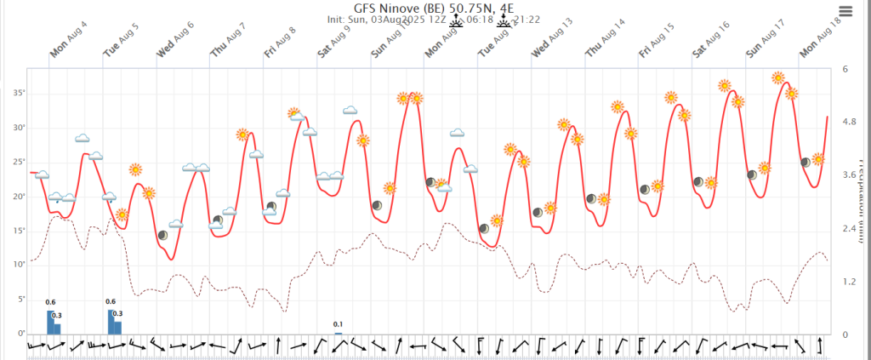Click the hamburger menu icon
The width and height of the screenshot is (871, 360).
tap(845, 11)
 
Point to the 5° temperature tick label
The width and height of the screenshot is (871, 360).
tap(20, 299)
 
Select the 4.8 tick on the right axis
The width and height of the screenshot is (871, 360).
tap(849, 123)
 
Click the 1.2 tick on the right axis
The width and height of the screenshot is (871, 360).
tap(849, 281)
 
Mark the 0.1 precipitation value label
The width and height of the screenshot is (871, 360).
tap(338, 324)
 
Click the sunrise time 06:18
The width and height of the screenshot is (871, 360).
tap(477, 19)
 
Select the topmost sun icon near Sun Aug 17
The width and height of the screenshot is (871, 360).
tap(777, 77)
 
